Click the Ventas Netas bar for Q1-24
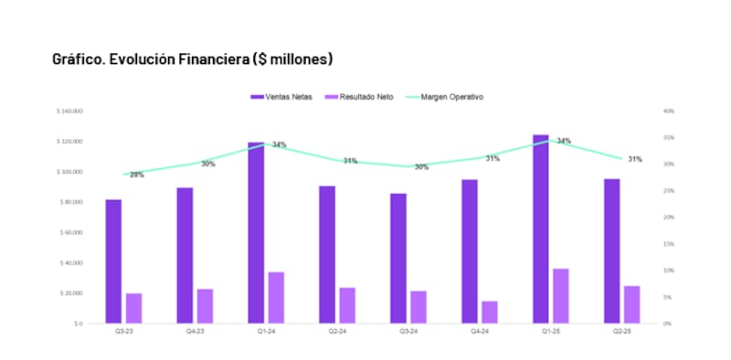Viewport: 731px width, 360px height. tap(256, 233)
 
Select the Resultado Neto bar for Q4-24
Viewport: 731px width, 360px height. tap(490, 312)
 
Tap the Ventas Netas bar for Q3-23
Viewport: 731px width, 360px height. tap(113, 261)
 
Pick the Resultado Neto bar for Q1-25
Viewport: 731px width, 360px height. tap(561, 296)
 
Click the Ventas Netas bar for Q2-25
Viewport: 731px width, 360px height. tap(612, 250)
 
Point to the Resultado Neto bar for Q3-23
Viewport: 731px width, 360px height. tap(133, 308)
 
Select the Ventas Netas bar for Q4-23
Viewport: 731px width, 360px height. tap(185, 255)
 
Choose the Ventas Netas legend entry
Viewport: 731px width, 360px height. tap(281, 97)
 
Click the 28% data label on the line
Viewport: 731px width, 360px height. tap(136, 175)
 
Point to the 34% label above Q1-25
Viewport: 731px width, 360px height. tap(564, 142)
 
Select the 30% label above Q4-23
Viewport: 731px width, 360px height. tap(208, 164)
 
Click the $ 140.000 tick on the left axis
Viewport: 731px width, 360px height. tap(70, 111)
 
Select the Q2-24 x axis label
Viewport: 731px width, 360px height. tap(337, 333)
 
